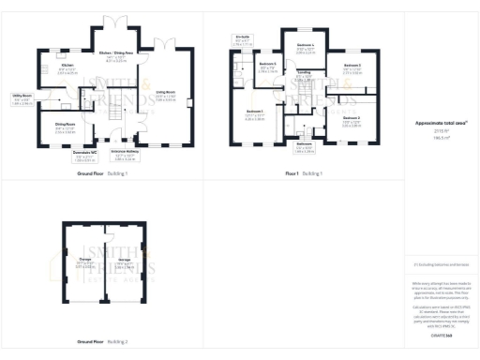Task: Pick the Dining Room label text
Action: click(x=65, y=124)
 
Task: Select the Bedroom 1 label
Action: click(x=254, y=112)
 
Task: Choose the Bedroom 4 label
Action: click(x=305, y=45)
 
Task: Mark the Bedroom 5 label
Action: click(x=266, y=64)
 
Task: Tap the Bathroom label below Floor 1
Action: click(x=303, y=143)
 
